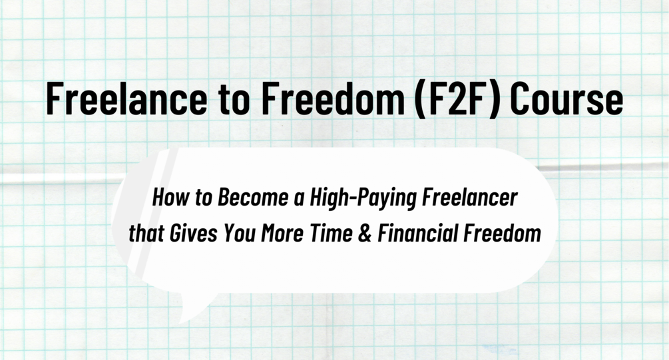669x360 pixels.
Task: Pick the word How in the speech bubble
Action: point(167,198)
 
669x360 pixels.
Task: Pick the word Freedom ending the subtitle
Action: point(502,234)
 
